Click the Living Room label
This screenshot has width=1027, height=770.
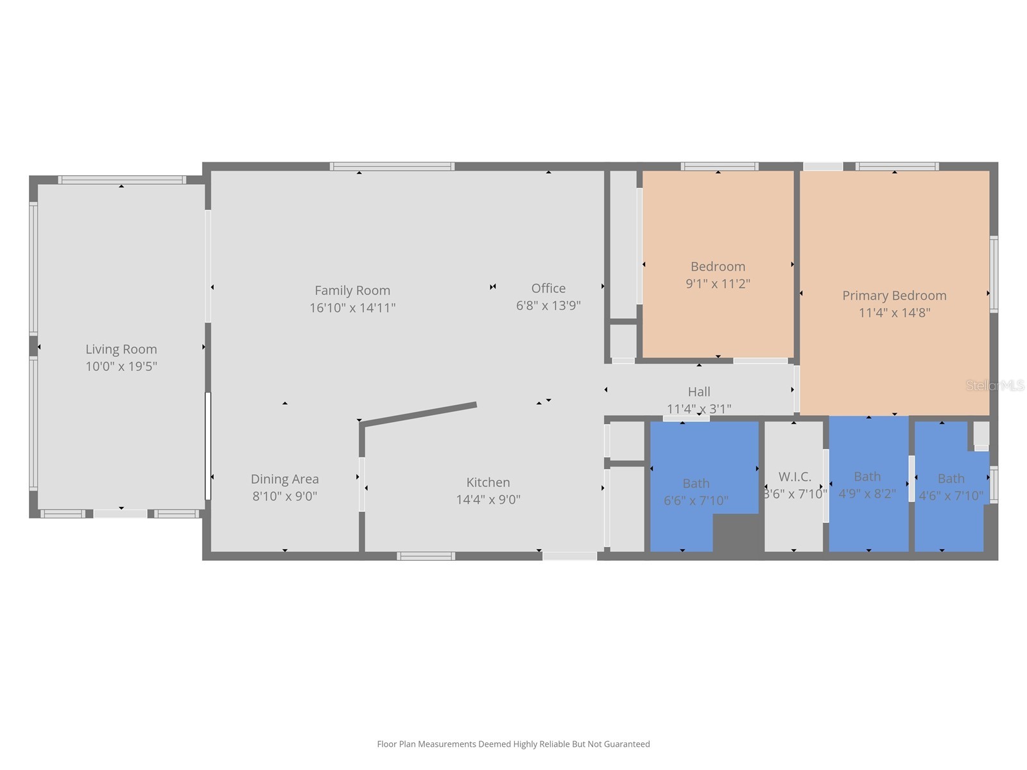[121, 349]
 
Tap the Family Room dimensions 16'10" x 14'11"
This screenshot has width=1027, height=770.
[352, 308]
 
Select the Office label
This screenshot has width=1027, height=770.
[548, 288]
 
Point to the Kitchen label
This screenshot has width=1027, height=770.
[488, 482]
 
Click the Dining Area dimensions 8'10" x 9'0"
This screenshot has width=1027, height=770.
[284, 496]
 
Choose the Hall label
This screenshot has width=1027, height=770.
[699, 391]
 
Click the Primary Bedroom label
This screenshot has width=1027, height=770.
[894, 295]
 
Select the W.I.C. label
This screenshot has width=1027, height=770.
[795, 476]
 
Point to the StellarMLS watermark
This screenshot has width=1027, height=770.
[995, 386]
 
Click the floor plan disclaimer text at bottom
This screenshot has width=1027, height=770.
[513, 744]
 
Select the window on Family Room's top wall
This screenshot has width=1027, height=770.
[392, 167]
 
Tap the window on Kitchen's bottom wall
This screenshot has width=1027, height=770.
[426, 556]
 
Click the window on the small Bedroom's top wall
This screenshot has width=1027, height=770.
[720, 167]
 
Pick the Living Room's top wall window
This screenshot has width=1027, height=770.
[122, 180]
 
